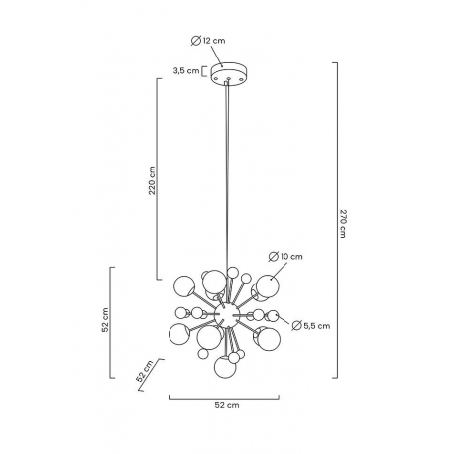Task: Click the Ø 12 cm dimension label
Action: click(x=208, y=41)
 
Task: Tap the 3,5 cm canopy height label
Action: click(x=186, y=70)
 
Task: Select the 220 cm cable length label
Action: click(x=152, y=180)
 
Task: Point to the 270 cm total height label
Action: click(x=343, y=223)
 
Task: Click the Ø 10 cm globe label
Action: click(x=285, y=256)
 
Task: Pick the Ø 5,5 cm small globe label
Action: click(x=311, y=326)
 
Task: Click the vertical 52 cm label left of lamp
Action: click(x=105, y=320)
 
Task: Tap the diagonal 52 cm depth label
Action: click(x=145, y=371)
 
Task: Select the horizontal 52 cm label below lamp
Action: click(x=227, y=405)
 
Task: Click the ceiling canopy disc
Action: click(x=227, y=74)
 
